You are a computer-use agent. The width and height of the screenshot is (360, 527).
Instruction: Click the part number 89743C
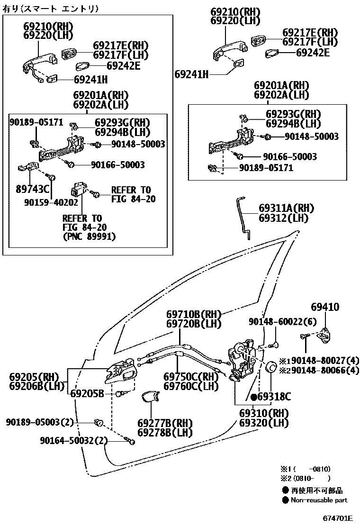[x=33, y=189]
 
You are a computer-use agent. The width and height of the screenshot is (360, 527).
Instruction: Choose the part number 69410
[x=325, y=307]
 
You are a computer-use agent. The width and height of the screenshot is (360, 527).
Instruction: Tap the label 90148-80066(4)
[x=322, y=370]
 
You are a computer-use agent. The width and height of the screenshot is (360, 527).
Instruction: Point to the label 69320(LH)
[x=263, y=423]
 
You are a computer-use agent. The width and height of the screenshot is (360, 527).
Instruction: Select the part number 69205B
[x=87, y=393]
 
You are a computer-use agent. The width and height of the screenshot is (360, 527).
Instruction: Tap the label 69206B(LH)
[x=37, y=386]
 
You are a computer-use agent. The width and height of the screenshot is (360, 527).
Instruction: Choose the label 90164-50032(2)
[x=74, y=441]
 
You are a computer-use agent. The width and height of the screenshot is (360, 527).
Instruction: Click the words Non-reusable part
[x=318, y=500]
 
